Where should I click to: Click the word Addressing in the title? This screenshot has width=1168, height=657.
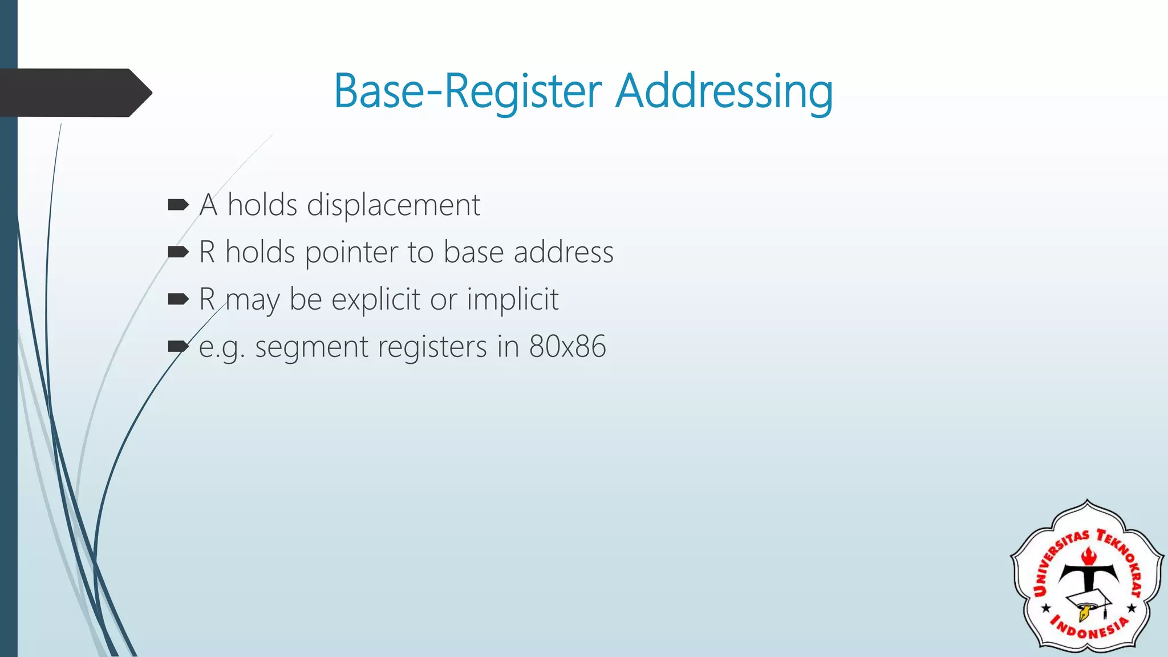724,91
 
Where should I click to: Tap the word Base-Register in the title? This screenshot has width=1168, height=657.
468,91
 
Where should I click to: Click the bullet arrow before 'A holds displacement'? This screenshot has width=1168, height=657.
178,205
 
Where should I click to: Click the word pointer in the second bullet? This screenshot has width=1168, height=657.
351,253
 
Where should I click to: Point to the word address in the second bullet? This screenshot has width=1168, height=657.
563,253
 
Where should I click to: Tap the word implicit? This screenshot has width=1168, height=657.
513,299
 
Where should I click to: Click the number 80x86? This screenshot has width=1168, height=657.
567,346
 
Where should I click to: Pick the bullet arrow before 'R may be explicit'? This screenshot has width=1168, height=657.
178,299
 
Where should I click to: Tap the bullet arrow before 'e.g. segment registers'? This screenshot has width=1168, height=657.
178,346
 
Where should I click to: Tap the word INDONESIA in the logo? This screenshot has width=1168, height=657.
1089,627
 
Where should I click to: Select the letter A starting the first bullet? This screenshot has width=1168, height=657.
208,205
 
